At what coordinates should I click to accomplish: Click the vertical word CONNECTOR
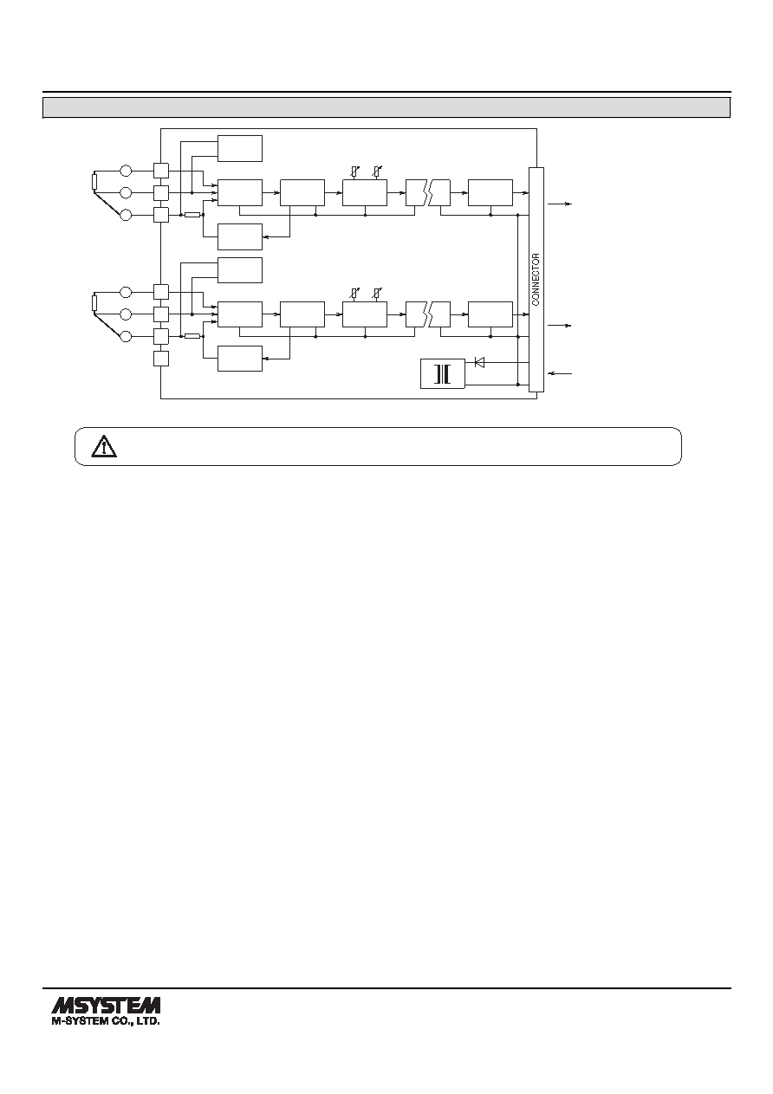(536, 280)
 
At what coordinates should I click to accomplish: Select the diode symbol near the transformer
(479, 362)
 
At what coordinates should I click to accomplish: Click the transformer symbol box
(443, 374)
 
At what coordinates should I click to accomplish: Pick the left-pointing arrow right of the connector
(560, 373)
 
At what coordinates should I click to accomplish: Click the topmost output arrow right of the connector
(560, 204)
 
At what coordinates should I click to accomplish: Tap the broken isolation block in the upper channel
(428, 193)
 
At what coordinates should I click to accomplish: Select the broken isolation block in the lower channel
(428, 314)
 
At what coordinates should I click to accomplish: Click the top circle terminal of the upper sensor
(126, 171)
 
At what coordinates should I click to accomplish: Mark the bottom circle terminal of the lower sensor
(126, 336)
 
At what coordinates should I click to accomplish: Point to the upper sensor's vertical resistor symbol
(94, 181)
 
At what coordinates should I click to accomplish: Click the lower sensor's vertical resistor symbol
(94, 303)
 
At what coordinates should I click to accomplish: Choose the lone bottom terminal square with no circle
(161, 359)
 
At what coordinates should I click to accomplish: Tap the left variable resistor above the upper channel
(354, 172)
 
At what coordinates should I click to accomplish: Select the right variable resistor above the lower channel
(376, 294)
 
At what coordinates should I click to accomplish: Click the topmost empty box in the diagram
(240, 148)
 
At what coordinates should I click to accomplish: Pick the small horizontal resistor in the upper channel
(192, 215)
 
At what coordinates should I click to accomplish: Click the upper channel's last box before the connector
(490, 193)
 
